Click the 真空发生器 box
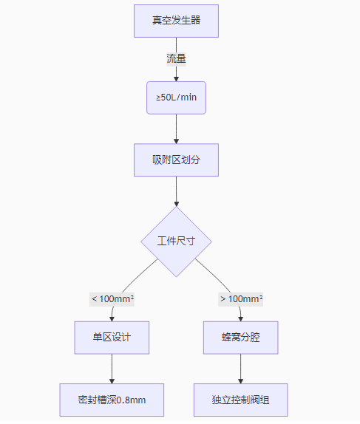point(176,21)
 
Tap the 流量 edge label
point(176,58)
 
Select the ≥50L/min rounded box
point(176,98)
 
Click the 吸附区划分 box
point(176,160)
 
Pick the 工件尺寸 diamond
point(176,242)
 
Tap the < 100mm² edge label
point(112,299)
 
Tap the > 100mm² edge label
point(241,299)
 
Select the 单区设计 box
point(112,338)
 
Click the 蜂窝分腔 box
point(241,338)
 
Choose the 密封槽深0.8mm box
point(112,400)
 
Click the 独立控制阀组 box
point(241,400)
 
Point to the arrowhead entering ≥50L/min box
point(176,79)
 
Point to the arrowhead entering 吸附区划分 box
point(176,141)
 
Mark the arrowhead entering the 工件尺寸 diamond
point(176,204)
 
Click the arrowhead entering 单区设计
point(112,319)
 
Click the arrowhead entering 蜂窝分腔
point(241,319)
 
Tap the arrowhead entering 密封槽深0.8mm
point(112,381)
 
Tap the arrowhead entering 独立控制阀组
point(241,381)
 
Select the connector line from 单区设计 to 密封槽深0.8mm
point(112,369)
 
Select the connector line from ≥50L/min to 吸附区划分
point(176,129)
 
